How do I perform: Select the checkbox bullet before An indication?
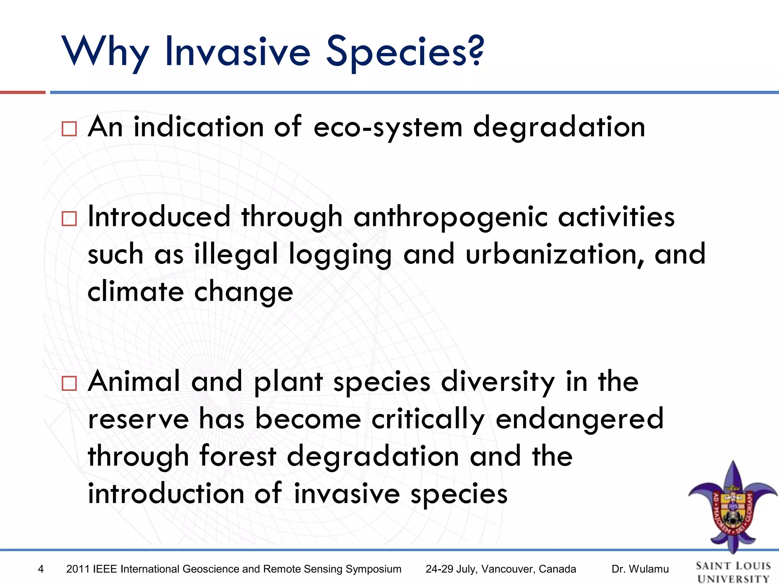coord(69,129)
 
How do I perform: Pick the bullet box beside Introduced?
coord(69,219)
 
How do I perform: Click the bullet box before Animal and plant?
coord(69,383)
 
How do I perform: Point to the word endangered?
coord(580,419)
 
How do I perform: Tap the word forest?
coord(238,456)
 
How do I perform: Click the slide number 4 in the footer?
coord(41,569)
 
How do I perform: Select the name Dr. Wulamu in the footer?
coord(640,569)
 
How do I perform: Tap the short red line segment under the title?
coord(23,92)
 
